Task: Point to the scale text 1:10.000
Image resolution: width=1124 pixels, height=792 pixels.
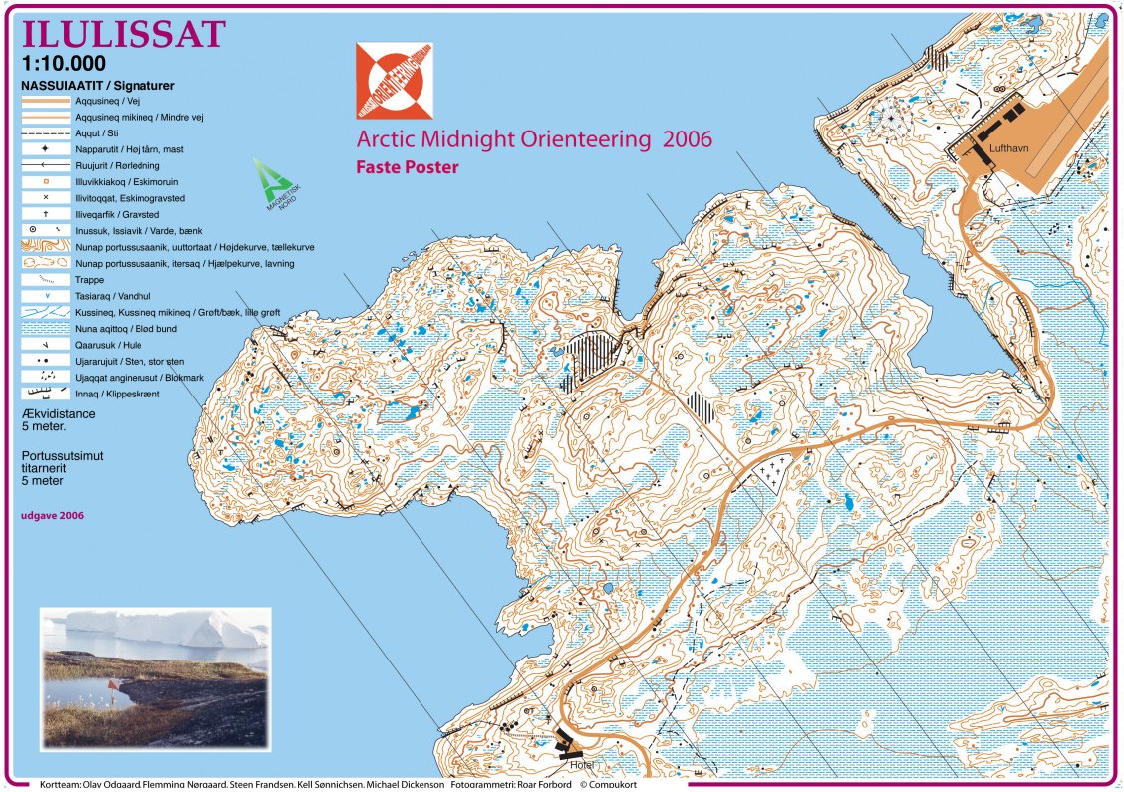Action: [x=62, y=64]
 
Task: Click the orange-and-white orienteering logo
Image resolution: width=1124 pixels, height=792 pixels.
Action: [x=396, y=82]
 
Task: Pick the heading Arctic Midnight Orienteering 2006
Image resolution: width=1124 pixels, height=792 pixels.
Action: [x=534, y=139]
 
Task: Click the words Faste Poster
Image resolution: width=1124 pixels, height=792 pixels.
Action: [x=407, y=167]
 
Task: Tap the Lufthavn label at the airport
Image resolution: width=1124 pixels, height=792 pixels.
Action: [x=1008, y=148]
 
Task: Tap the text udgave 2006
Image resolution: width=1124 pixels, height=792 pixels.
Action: [x=52, y=515]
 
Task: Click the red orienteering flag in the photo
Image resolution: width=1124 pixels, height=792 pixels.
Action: [x=114, y=686]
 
